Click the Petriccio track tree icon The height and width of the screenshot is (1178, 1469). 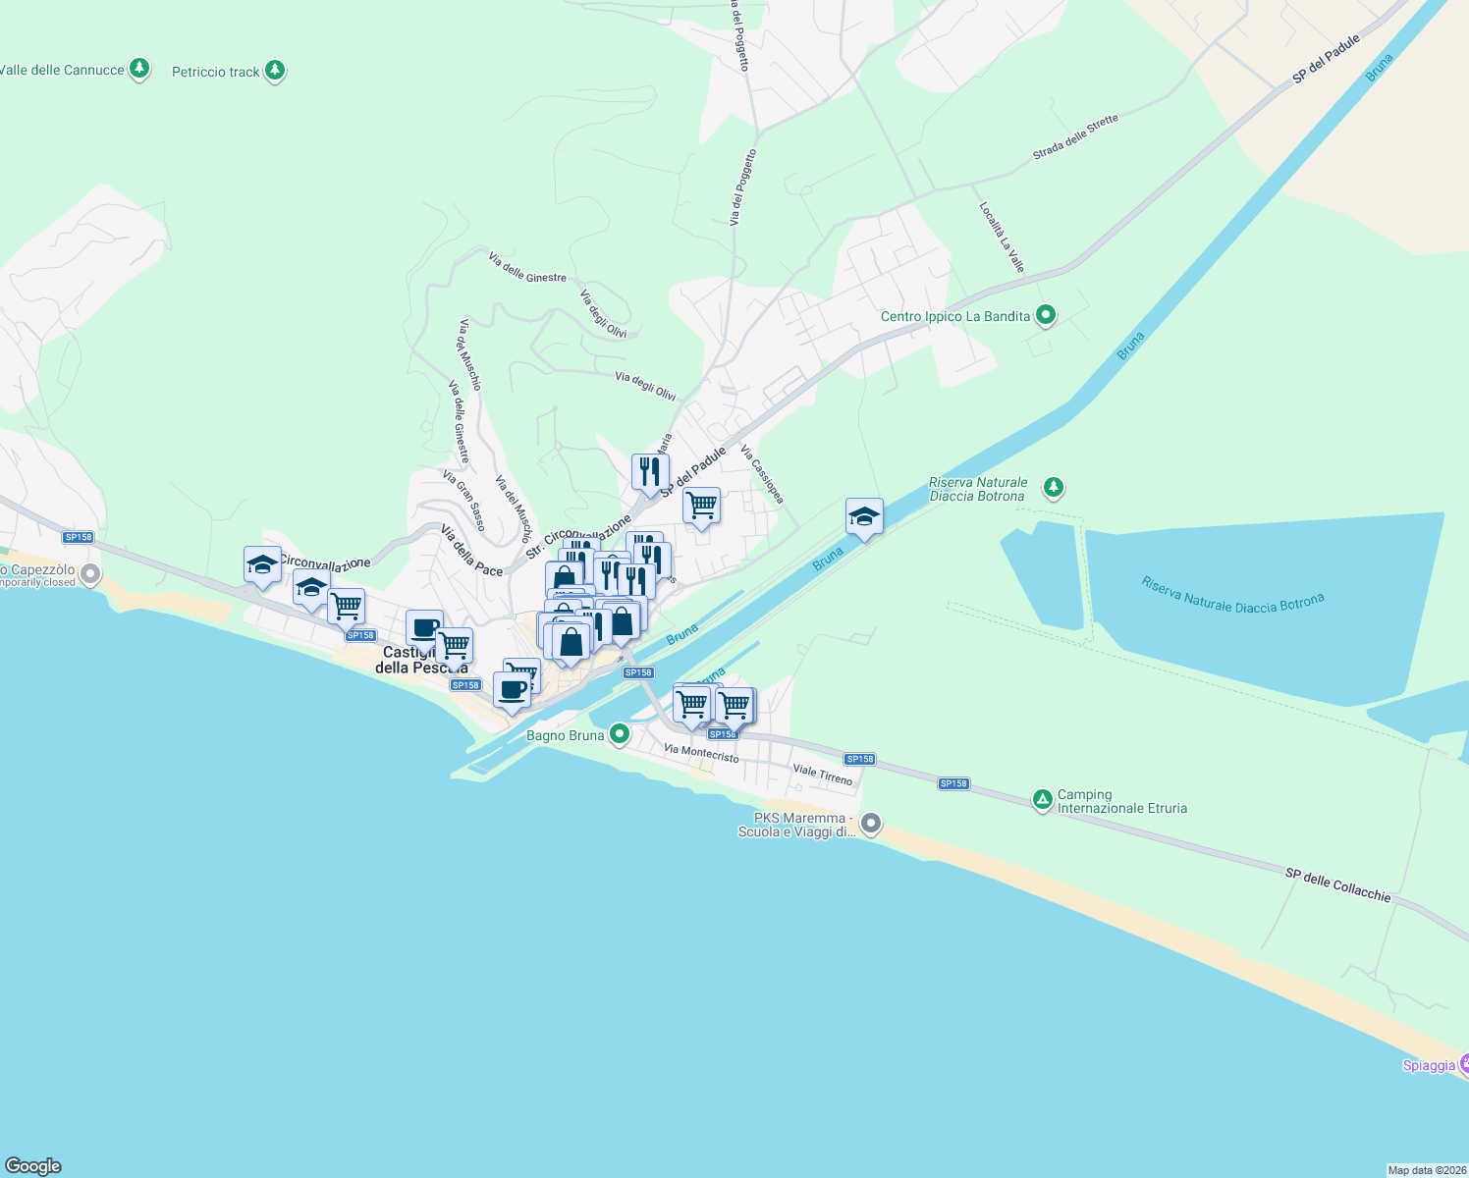[x=275, y=71]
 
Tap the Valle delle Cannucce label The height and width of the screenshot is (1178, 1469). [x=62, y=70]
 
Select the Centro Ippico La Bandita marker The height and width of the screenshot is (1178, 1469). [x=1046, y=315]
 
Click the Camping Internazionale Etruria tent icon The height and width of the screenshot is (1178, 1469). [x=1042, y=800]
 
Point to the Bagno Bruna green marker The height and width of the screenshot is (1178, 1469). [x=619, y=733]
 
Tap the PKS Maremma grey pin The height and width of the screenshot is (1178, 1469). [x=870, y=823]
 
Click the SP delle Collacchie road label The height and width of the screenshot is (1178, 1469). [x=1337, y=883]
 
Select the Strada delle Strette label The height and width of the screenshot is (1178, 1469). [x=1075, y=137]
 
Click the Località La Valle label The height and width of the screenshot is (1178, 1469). [x=1002, y=237]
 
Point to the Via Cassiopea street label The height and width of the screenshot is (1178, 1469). [x=762, y=474]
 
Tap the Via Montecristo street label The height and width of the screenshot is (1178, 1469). [x=701, y=753]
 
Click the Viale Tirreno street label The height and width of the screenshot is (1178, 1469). [x=823, y=775]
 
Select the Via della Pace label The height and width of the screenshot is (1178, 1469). [x=471, y=551]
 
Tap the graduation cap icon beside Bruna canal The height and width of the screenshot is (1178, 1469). [x=864, y=516]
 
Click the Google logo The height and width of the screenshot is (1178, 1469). [x=33, y=1166]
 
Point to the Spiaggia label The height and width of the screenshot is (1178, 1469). [x=1429, y=1065]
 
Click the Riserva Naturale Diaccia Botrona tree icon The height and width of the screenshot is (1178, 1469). [x=1054, y=487]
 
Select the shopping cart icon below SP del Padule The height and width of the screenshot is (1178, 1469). [x=701, y=506]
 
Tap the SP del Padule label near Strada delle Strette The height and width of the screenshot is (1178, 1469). [x=1326, y=59]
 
